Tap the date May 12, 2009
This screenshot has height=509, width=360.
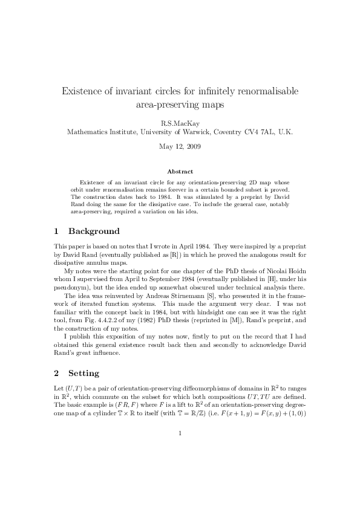[x=180, y=146]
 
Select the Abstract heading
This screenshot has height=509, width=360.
[x=180, y=172]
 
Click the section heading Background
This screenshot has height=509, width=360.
[x=94, y=232]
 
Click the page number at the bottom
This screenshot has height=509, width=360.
[x=180, y=433]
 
